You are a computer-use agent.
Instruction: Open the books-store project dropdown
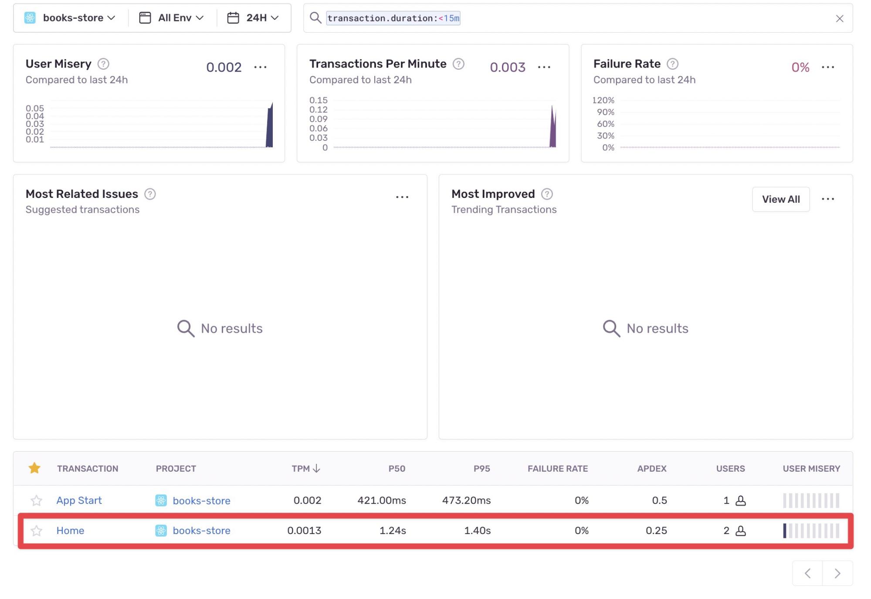[x=70, y=18]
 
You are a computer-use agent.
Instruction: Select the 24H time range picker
[x=253, y=18]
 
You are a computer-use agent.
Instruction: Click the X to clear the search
[x=839, y=18]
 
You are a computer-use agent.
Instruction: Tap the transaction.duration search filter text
[x=393, y=18]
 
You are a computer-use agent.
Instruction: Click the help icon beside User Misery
[x=103, y=64]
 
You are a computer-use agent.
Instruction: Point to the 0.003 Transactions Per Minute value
[x=507, y=67]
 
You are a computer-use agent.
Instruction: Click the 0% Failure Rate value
[x=800, y=67]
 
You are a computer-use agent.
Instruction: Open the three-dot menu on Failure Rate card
[x=827, y=67]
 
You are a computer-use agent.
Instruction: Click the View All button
[x=780, y=199]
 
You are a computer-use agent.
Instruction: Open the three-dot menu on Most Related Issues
[x=402, y=197]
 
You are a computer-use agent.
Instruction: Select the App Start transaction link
[x=79, y=500]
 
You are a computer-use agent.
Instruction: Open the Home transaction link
[x=70, y=531]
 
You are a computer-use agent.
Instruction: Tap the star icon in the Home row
[x=37, y=531]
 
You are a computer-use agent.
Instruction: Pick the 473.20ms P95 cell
[x=466, y=500]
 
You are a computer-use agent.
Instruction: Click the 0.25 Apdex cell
[x=656, y=531]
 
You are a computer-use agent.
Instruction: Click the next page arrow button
[x=837, y=573]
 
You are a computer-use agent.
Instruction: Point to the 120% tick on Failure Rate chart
[x=603, y=100]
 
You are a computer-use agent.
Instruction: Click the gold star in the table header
[x=34, y=468]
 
